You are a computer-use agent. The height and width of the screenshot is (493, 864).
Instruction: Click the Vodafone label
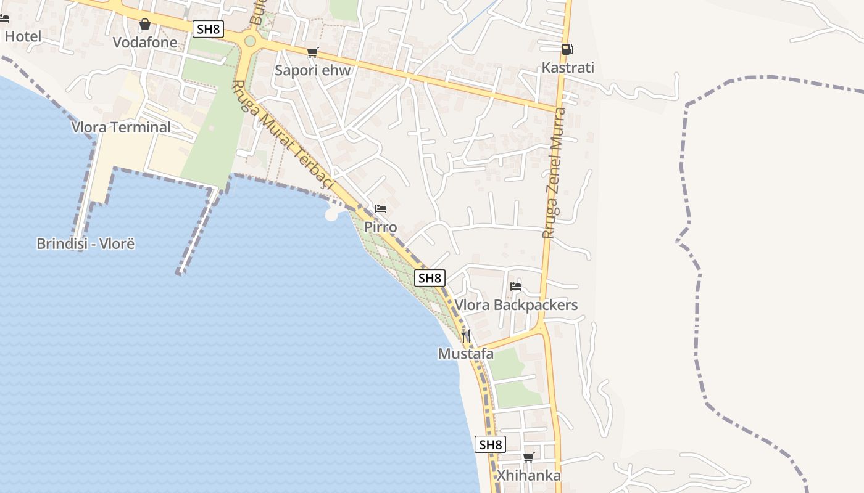(x=145, y=43)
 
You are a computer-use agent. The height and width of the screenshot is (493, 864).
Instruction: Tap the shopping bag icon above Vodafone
(x=145, y=25)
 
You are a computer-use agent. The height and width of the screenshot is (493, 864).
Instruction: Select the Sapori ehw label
(x=312, y=70)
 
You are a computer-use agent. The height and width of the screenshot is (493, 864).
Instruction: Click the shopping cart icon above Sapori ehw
(x=313, y=52)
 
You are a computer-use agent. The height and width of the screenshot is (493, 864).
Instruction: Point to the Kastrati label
(x=568, y=67)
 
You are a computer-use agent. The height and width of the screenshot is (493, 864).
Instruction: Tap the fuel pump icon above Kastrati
(x=567, y=49)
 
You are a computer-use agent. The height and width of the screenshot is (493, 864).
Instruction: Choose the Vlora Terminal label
(x=121, y=127)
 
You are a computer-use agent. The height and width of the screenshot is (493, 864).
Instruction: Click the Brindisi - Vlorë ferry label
(x=86, y=243)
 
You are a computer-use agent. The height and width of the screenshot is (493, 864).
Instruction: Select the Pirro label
(x=381, y=227)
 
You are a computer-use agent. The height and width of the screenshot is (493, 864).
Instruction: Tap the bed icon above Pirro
(x=381, y=209)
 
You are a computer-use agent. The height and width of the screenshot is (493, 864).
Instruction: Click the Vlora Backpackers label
(x=516, y=304)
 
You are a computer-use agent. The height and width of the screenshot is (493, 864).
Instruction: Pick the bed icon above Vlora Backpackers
(x=516, y=286)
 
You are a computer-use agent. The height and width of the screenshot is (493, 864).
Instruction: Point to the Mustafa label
(x=466, y=354)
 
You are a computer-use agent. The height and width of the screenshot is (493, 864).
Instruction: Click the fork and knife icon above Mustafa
(x=466, y=335)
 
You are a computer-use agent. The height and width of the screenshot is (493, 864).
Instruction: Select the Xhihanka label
(x=529, y=475)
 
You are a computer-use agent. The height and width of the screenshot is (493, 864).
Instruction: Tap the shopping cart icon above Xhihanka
(x=528, y=457)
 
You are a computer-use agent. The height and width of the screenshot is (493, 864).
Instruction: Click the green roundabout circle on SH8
(x=250, y=41)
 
